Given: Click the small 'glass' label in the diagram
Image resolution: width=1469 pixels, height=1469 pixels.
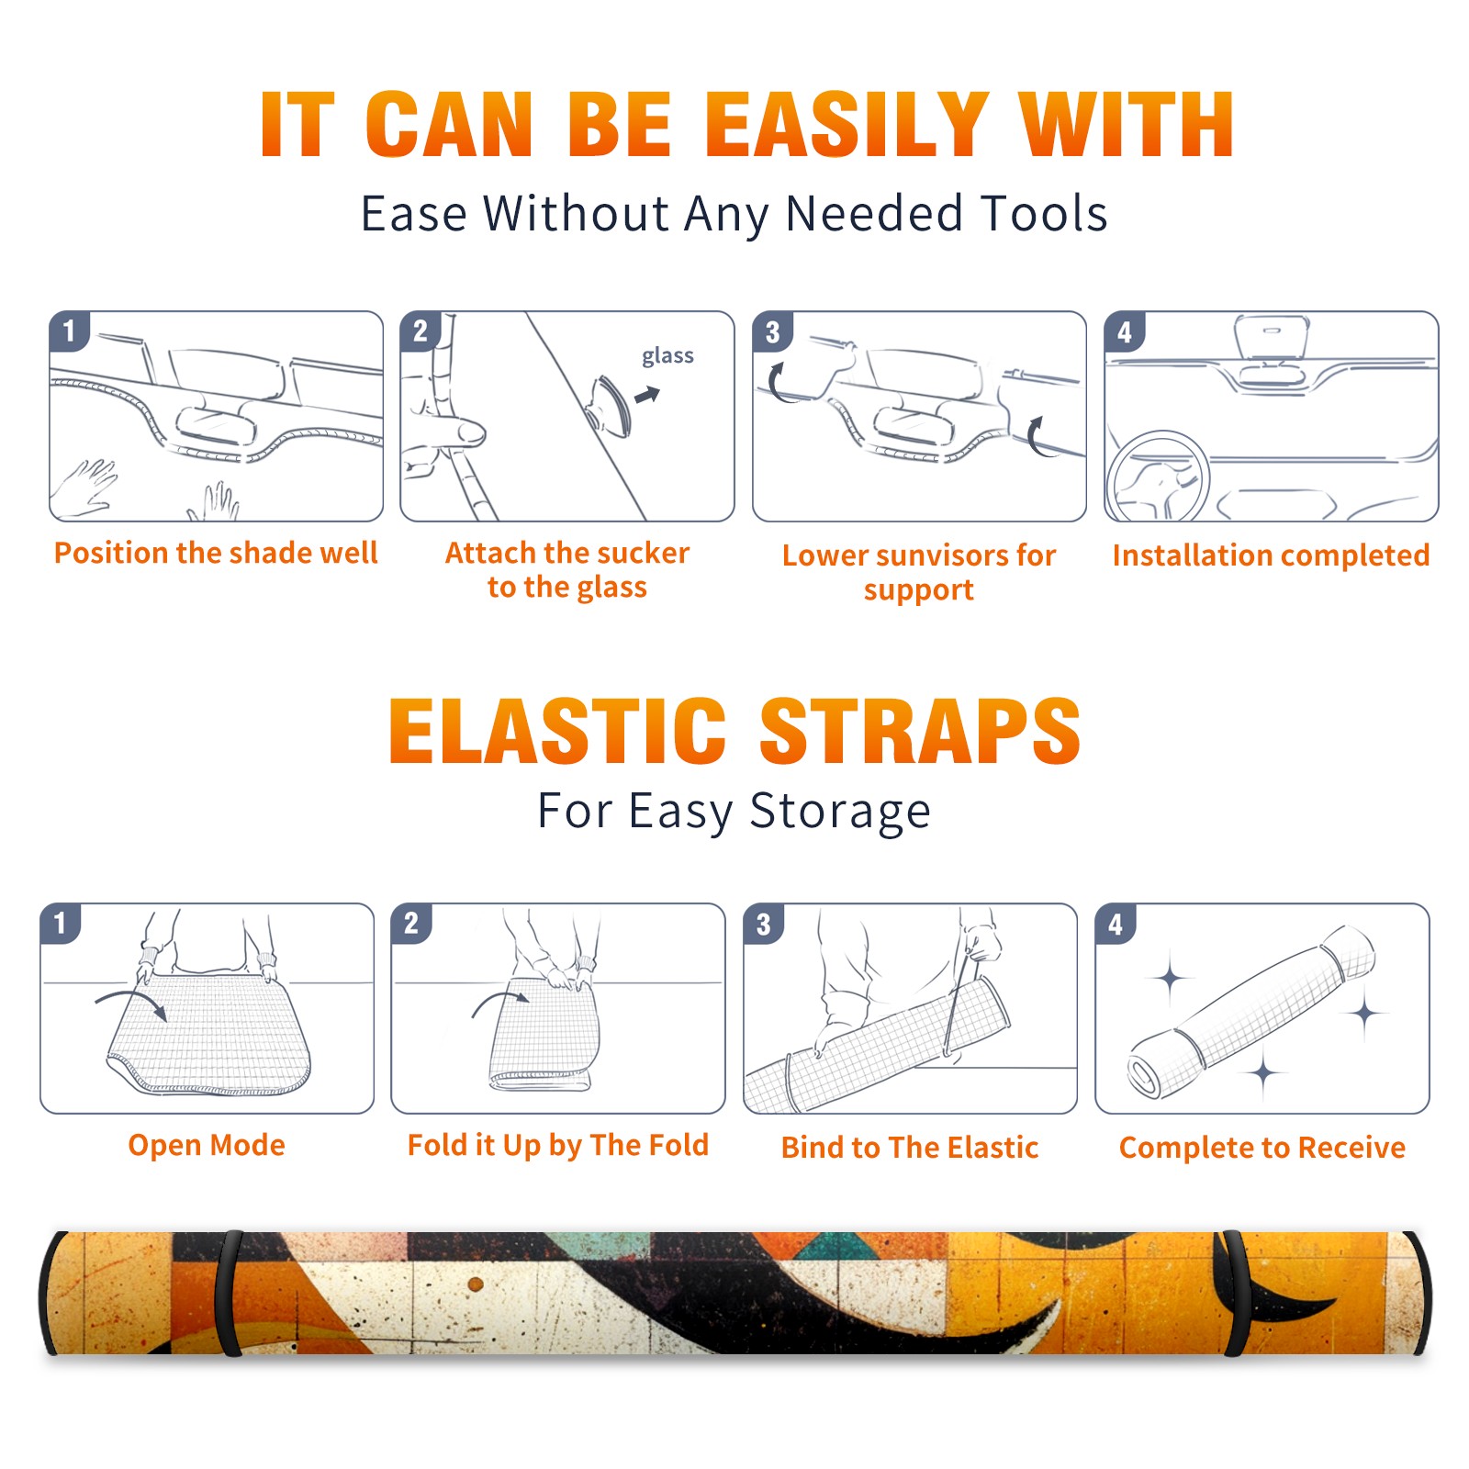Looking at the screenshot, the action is pos(667,356).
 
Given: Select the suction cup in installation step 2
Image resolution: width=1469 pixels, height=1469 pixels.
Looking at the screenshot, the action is pos(609,405).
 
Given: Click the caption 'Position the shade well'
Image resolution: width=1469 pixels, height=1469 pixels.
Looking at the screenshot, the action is pos(216,553).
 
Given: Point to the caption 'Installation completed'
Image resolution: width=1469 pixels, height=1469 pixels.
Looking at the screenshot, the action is pos(1271,555).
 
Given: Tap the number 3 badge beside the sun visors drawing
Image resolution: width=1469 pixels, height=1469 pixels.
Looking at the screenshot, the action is pos(772,331).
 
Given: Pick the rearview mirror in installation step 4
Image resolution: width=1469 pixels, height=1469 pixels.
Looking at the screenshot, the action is pos(1272,339).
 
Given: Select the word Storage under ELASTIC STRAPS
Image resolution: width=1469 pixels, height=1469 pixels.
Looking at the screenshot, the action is pos(840,812).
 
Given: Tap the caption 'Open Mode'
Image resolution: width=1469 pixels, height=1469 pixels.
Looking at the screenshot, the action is pos(207,1145).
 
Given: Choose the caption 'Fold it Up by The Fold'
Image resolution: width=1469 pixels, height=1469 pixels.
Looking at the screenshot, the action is pos(558,1145).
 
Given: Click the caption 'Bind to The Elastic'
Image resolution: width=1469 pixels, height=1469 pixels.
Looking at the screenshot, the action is pos(910,1148).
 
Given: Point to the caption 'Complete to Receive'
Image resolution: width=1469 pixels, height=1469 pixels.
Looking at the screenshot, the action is pos(1262,1148).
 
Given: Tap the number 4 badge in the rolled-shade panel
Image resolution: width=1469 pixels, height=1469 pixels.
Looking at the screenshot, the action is pos(1116,924).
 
